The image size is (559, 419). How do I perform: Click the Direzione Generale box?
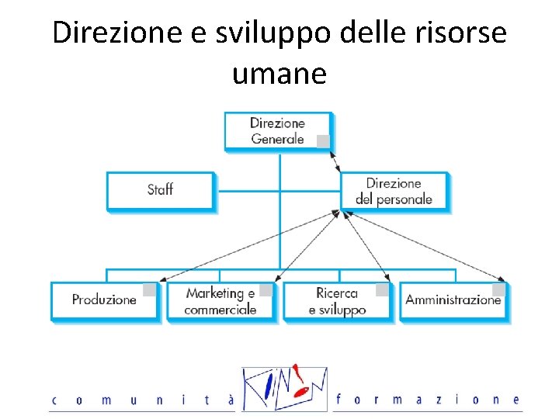(x=277, y=130)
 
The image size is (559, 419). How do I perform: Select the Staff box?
(x=159, y=190)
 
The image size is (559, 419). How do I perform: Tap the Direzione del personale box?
(x=394, y=191)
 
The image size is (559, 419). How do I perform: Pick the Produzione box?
(x=104, y=300)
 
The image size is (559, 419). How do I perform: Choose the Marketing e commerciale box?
(x=220, y=301)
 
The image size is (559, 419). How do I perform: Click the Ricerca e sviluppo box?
(x=337, y=301)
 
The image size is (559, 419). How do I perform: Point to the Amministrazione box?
(x=453, y=300)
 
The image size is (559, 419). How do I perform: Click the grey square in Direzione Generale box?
(x=323, y=141)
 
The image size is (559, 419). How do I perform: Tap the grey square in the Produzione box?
(x=149, y=290)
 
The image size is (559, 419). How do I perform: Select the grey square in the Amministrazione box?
(x=498, y=290)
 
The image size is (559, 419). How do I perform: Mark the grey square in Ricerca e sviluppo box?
(x=382, y=290)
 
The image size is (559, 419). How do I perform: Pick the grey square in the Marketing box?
(x=266, y=290)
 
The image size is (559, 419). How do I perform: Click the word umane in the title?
(x=279, y=74)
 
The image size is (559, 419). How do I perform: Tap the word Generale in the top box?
(x=277, y=139)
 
